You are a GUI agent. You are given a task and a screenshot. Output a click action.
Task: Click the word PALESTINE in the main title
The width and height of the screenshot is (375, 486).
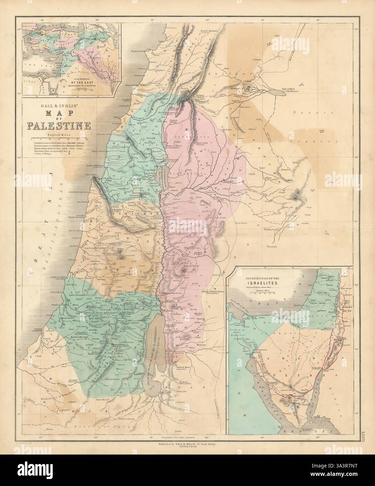[x=57, y=125]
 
